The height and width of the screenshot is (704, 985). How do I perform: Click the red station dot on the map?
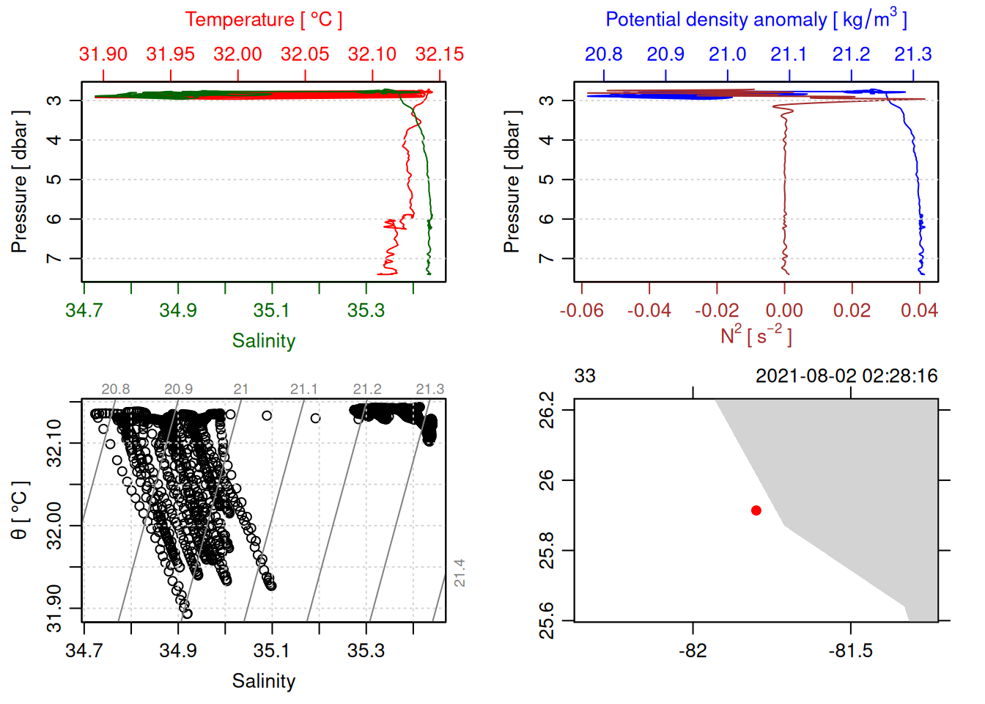[756, 510]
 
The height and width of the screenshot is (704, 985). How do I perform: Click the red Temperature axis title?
[263, 20]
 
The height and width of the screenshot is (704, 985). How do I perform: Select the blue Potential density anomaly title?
[756, 19]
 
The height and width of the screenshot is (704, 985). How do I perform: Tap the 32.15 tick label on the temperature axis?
[439, 54]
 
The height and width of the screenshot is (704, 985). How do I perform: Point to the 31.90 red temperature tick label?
[103, 54]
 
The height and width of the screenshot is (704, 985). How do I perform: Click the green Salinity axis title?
[263, 340]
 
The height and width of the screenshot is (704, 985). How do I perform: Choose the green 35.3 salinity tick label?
[366, 310]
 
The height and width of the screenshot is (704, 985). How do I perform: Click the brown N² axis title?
[756, 336]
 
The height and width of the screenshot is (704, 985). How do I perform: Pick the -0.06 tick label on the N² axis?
[581, 310]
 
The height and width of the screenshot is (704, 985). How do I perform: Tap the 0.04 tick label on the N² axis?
[919, 310]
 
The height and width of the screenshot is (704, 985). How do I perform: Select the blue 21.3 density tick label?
[912, 54]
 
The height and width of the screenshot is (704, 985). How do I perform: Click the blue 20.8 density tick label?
[603, 54]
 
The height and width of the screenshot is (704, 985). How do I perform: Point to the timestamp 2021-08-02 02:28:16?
[846, 376]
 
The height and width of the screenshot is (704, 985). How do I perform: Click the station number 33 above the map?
[585, 376]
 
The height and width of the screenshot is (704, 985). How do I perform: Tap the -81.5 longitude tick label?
[850, 650]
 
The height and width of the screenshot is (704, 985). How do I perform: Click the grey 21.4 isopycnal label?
[460, 573]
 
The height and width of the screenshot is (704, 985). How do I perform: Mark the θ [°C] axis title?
[20, 510]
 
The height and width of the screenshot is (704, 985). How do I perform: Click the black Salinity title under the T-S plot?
[263, 681]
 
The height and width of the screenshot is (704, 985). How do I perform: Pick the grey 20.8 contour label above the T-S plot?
[116, 389]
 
